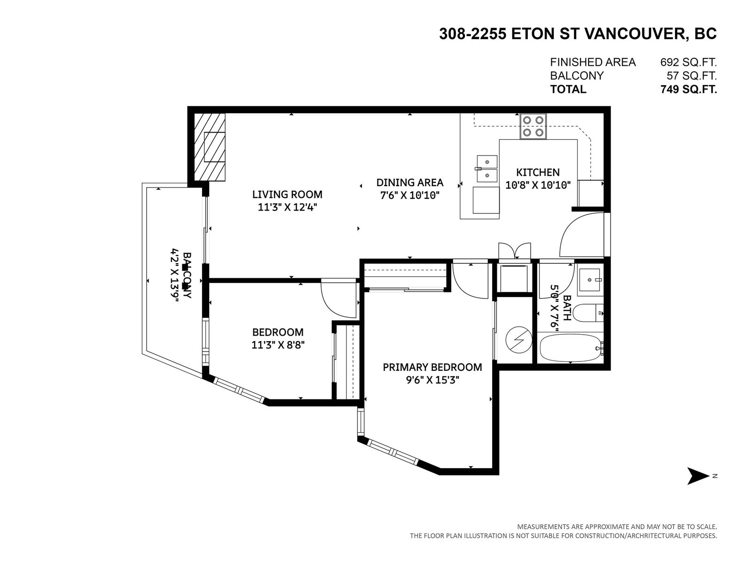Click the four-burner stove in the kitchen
click(x=533, y=126)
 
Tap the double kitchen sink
click(x=487, y=170)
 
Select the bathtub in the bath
click(x=570, y=348)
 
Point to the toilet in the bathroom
click(x=587, y=312)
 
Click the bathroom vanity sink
click(x=590, y=281)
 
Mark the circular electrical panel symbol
click(x=518, y=339)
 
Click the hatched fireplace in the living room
click(x=209, y=147)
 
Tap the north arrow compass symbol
click(x=698, y=476)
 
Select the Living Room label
click(x=287, y=194)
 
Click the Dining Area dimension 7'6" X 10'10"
click(x=410, y=195)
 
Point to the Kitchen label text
click(x=538, y=172)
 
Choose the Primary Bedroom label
click(x=432, y=367)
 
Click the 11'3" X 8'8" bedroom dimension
click(x=278, y=345)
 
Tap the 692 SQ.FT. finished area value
click(x=688, y=62)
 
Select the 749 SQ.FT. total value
click(x=688, y=89)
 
